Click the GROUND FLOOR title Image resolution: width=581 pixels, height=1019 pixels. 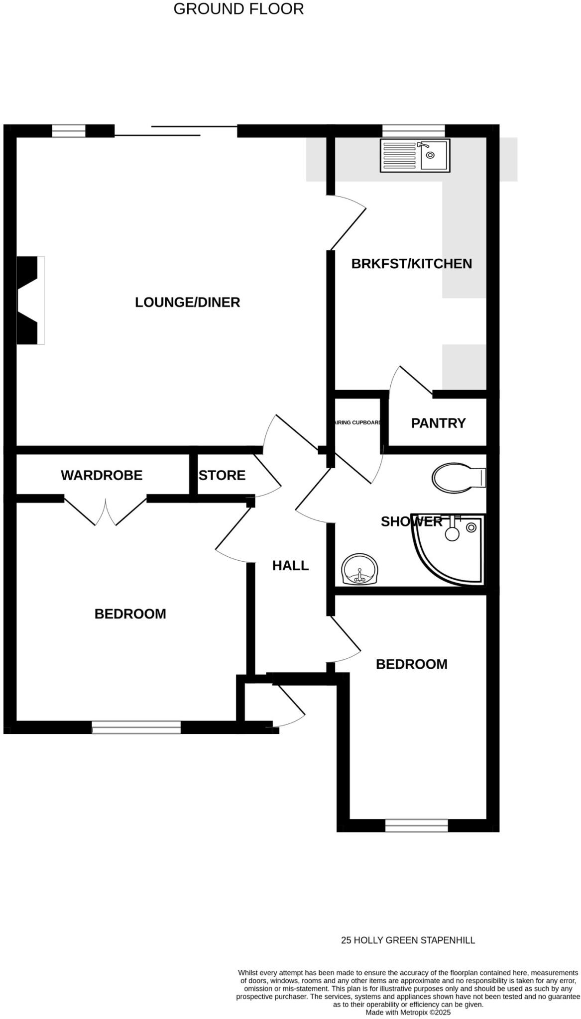pyautogui.click(x=238, y=9)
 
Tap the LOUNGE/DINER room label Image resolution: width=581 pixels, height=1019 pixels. pyautogui.click(x=187, y=302)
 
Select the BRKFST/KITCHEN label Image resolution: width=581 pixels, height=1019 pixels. pyautogui.click(x=411, y=263)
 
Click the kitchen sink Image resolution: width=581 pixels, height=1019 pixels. pyautogui.click(x=415, y=155)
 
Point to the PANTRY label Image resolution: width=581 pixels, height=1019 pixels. pyautogui.click(x=438, y=423)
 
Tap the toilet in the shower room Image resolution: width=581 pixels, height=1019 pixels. pyautogui.click(x=457, y=478)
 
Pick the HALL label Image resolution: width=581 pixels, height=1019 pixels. pyautogui.click(x=290, y=565)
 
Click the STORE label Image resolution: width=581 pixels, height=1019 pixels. pyautogui.click(x=222, y=475)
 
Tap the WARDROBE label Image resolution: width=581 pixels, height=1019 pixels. pyautogui.click(x=102, y=475)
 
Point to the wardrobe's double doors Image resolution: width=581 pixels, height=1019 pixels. pyautogui.click(x=106, y=510)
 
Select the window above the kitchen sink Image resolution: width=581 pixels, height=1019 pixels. pyautogui.click(x=413, y=130)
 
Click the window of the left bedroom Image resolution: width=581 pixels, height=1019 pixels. pyautogui.click(x=136, y=727)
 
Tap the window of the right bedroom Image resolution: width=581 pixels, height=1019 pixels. pyautogui.click(x=416, y=825)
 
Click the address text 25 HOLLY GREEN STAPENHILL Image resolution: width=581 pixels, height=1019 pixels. pyautogui.click(x=408, y=940)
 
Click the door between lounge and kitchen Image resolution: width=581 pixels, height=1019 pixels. pyautogui.click(x=348, y=223)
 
